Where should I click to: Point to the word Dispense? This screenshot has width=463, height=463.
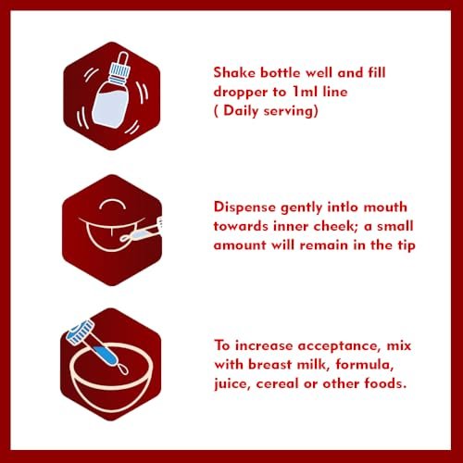[x=244, y=207]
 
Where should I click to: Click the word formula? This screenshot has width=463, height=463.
[x=365, y=365]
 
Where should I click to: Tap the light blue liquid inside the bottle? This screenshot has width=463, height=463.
[x=109, y=107]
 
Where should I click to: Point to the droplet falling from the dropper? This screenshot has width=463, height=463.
[x=123, y=369]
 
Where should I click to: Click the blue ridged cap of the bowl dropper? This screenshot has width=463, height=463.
[x=81, y=332]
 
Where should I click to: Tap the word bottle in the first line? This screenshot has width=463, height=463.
[x=281, y=73]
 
